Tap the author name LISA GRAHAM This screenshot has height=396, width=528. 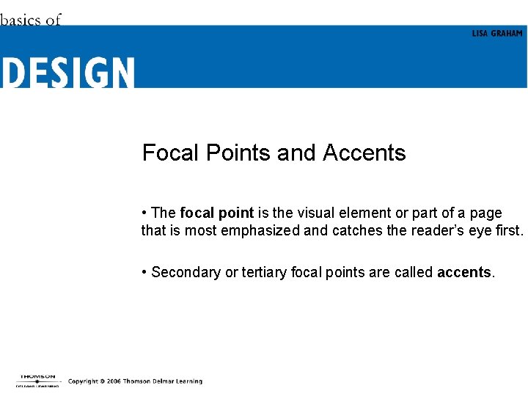tap(497, 34)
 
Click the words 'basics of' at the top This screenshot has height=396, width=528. tap(30, 20)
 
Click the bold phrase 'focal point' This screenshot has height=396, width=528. tap(216, 213)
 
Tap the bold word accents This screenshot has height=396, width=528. tap(464, 273)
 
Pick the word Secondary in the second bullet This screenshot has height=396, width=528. tap(186, 273)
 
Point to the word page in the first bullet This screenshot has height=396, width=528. tap(485, 213)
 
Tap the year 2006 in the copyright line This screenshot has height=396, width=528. tap(112, 381)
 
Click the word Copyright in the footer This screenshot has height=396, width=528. tap(84, 381)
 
